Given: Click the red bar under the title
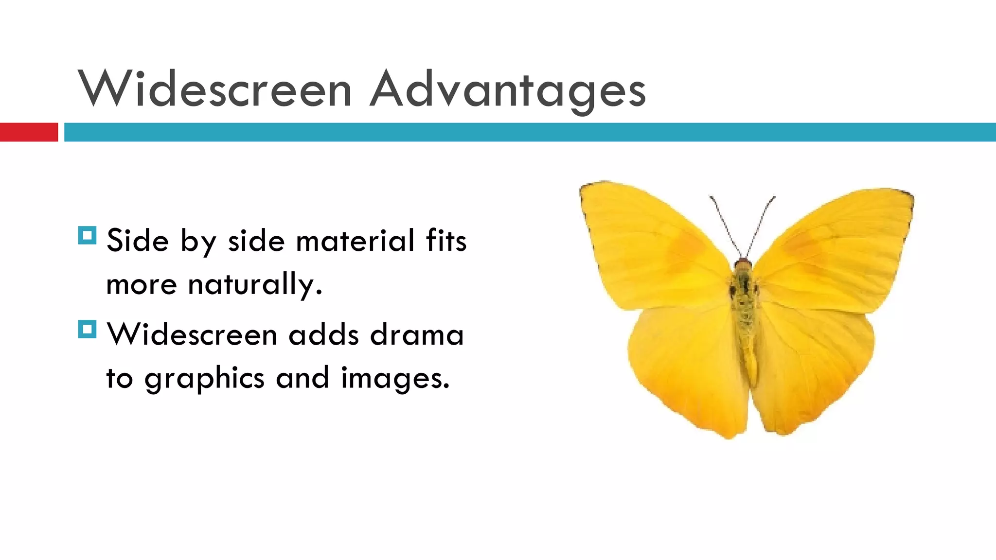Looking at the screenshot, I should coord(29,132).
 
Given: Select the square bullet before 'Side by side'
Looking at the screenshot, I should coord(87,236).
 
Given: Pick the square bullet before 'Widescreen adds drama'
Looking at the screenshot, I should coord(87,330).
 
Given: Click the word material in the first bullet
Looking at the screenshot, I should coord(355,241).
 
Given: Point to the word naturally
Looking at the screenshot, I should coord(255,284).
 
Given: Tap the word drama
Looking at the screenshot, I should coord(417,335).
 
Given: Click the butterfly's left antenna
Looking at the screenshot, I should coord(726,226).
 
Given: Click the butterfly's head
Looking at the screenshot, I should coord(743,265).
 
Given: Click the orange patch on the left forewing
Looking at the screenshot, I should coord(686,248).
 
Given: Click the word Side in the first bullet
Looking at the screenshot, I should coord(138,241).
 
